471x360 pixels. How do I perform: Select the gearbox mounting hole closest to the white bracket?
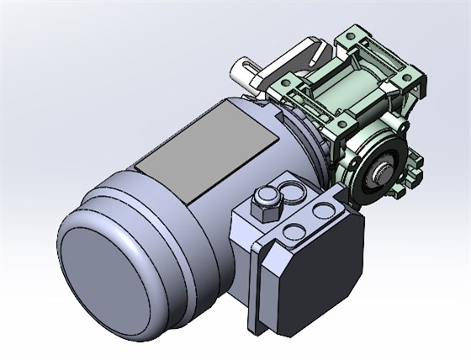point(286,82)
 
